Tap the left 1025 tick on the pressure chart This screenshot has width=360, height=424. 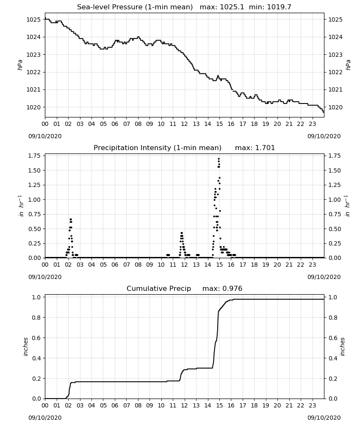(33, 20)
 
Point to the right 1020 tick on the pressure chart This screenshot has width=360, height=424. (335, 107)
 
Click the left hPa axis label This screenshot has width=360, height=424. (20, 65)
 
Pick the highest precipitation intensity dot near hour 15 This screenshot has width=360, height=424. (219, 159)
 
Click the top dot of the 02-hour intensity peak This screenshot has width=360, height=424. (71, 219)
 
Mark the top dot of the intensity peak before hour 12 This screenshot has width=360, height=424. (182, 233)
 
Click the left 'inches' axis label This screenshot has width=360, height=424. (26, 347)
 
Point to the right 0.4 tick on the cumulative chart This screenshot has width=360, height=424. (332, 358)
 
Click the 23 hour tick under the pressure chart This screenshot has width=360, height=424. (312, 124)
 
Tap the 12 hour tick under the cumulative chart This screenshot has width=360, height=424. (185, 406)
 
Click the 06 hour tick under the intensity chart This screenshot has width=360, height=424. (115, 265)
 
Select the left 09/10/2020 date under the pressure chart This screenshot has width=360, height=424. (45, 136)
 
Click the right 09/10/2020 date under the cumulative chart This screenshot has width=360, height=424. (324, 418)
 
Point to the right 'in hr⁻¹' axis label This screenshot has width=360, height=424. (347, 206)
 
